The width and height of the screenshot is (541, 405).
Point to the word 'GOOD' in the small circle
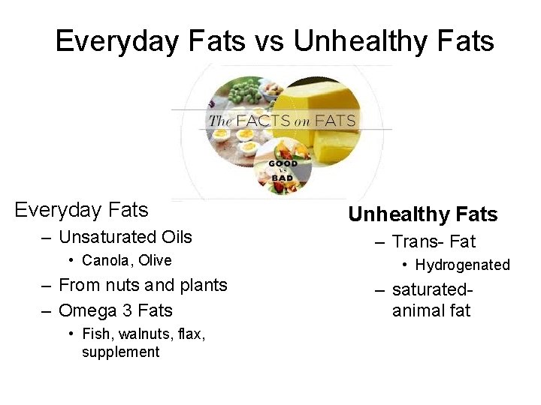283,163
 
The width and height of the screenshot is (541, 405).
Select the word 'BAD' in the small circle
283,180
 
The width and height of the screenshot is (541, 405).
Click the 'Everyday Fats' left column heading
81,209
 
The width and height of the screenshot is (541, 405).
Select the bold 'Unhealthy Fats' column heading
422,214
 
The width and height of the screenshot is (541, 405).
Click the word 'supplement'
120,352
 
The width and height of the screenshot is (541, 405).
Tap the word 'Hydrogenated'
462,265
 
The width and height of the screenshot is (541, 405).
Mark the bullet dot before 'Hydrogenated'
403,265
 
